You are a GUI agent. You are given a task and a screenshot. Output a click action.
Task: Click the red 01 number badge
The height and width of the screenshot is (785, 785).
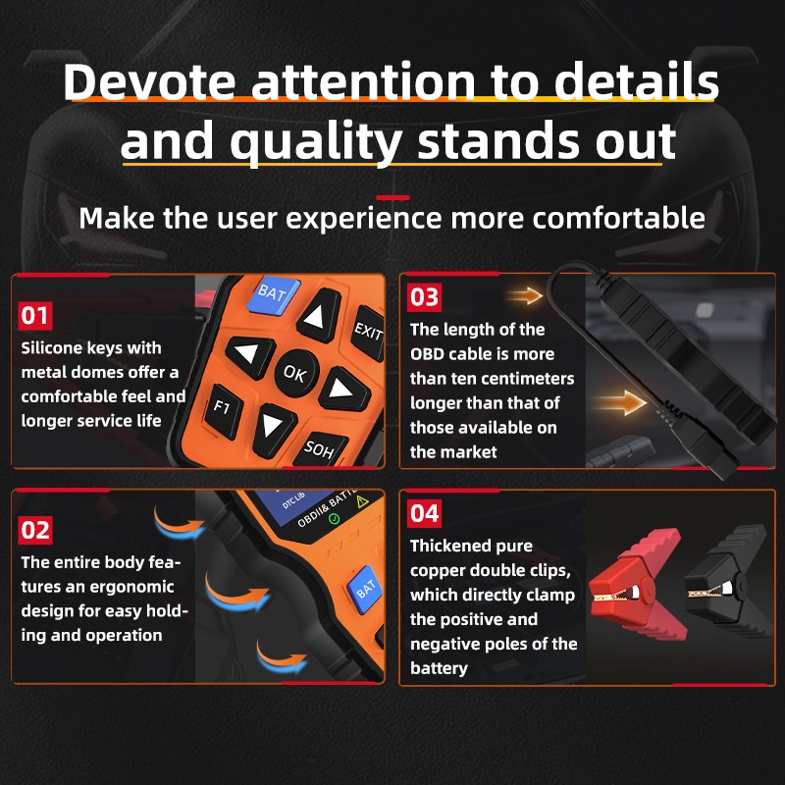point(35,315)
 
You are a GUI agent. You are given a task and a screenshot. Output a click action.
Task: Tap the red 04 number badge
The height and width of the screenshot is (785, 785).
point(425,513)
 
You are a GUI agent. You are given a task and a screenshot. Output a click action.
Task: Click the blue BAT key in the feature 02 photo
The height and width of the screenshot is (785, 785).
point(365,589)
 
